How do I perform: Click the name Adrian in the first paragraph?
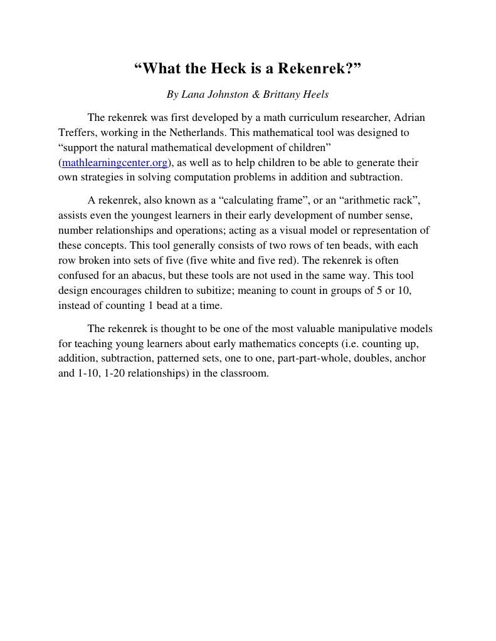click(409, 117)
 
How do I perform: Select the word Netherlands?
click(198, 132)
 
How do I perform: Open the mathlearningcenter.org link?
click(115, 163)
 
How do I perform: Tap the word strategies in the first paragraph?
click(100, 177)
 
